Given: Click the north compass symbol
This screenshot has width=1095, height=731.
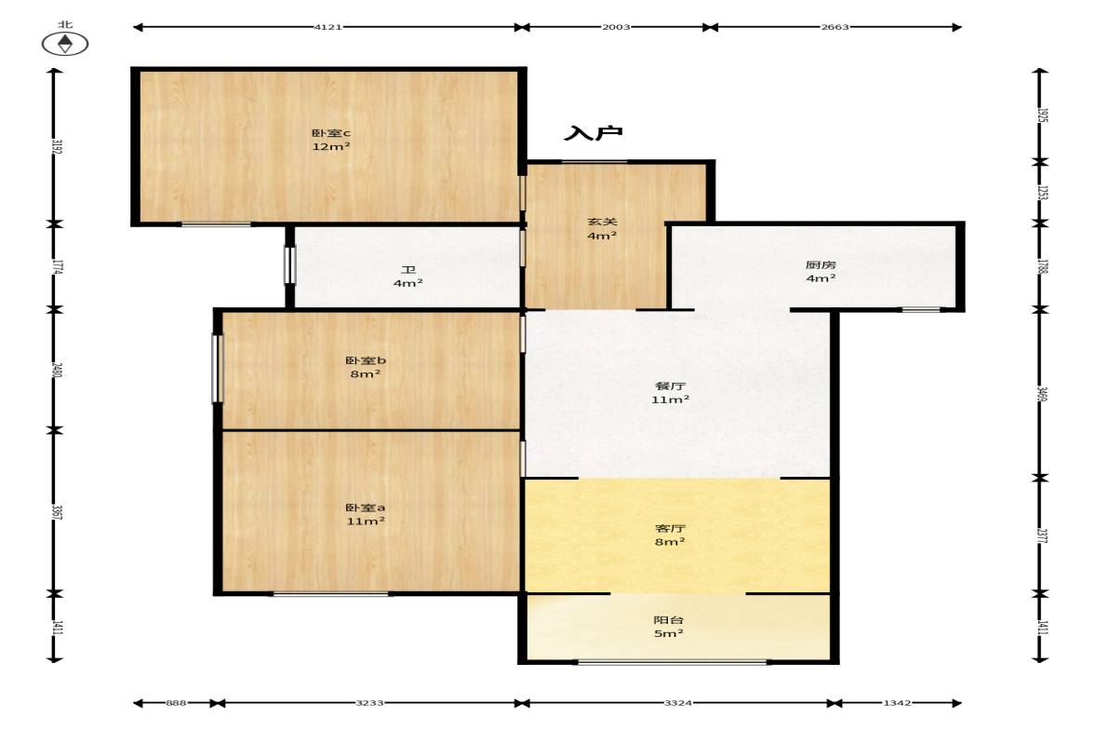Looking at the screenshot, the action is tap(65, 44).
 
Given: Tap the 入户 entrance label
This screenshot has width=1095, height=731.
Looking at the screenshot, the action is tap(593, 133).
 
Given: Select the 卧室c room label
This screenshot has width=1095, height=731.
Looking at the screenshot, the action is tap(331, 133).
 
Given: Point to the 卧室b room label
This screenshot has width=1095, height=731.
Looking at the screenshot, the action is tap(366, 360).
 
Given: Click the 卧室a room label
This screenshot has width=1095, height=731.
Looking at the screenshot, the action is tap(366, 508).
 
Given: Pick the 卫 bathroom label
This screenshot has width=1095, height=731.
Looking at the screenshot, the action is tap(407, 270).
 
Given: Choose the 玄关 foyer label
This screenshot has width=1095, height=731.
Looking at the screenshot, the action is tap(601, 222).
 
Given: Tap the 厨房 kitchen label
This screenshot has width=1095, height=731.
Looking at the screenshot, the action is tap(821, 264).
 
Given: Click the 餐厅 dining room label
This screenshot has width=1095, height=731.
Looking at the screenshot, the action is tap(671, 386).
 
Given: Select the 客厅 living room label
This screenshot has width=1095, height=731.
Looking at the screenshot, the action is tap(670, 528).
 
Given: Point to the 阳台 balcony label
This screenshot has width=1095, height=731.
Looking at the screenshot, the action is tap(668, 620).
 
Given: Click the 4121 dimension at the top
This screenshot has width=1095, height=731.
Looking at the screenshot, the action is tap(327, 27).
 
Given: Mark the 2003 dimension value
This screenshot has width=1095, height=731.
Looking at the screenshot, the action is tap(616, 27).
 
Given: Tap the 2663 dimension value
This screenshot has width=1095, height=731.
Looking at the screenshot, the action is tap(835, 27).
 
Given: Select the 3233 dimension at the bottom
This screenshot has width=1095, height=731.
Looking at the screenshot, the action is tap(369, 703).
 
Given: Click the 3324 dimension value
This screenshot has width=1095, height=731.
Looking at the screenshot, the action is tap(678, 703).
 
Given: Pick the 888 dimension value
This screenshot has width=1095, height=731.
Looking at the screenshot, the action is tap(176, 703).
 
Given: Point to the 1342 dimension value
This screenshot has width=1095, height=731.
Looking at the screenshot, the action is tap(897, 703).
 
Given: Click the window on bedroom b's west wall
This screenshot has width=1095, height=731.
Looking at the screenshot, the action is tap(217, 369).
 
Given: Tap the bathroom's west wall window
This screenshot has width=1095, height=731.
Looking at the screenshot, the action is tap(290, 264).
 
